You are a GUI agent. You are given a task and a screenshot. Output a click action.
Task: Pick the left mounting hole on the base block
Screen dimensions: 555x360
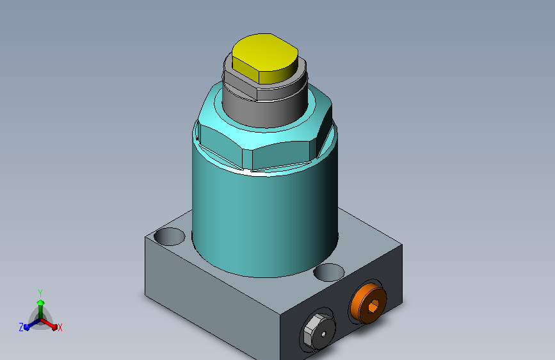169,236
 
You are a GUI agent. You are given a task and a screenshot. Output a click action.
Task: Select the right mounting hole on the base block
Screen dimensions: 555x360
329,272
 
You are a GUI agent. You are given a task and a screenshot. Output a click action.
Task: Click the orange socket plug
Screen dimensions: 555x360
368,303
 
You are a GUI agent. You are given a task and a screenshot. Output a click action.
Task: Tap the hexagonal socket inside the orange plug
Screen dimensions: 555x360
373,306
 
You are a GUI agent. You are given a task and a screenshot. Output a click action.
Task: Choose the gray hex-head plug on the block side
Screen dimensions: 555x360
319,331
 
